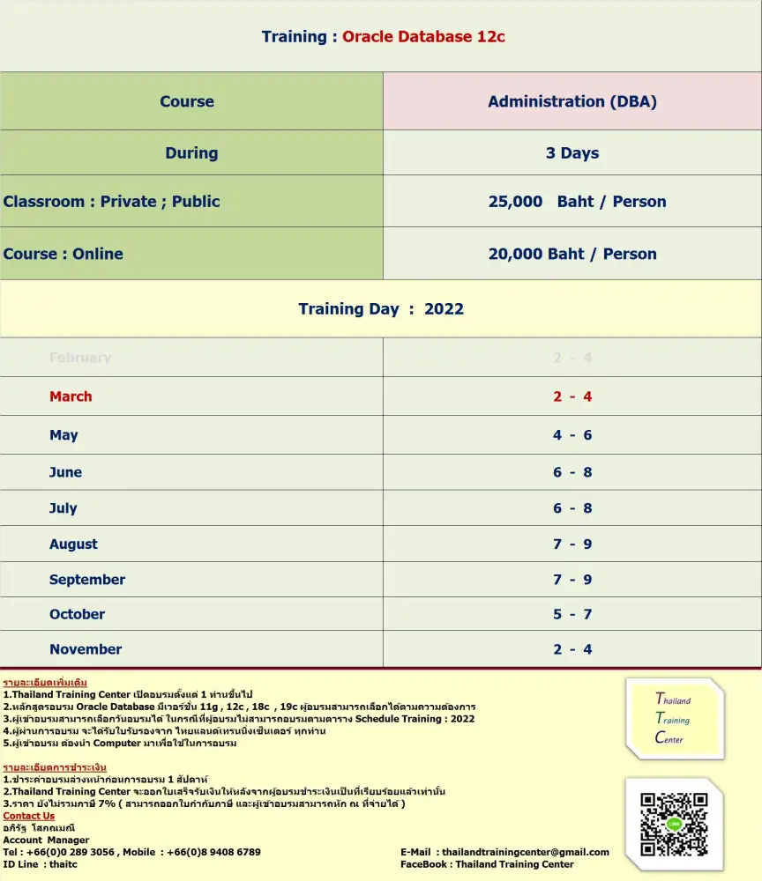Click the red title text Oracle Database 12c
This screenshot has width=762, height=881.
pos(423,37)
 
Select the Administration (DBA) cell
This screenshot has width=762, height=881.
pos(572,101)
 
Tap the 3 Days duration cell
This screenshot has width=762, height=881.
pos(572,153)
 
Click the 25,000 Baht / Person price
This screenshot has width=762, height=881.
pos(577,202)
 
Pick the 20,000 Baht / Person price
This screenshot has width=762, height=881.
pos(572,254)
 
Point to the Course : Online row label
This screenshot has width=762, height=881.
pos(63,254)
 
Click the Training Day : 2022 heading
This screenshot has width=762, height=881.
pos(381,309)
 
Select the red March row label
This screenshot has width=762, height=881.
pos(71,396)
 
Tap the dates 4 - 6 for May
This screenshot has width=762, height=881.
pos(572,435)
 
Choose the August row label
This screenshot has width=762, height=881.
pos(74,544)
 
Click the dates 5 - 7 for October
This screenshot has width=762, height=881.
pos(572,614)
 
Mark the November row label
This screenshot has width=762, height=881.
pos(86,649)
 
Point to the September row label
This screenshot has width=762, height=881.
pos(87,580)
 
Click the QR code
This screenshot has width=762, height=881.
pos(674,824)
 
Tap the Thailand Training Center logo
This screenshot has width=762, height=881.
pos(675,719)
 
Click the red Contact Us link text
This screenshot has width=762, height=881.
pos(29,816)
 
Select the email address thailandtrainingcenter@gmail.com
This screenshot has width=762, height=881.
pos(525,852)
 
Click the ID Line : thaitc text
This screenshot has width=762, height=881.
pos(41,864)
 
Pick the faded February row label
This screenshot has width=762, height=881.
pos(80,358)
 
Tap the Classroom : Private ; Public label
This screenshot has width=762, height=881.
pos(112,202)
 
